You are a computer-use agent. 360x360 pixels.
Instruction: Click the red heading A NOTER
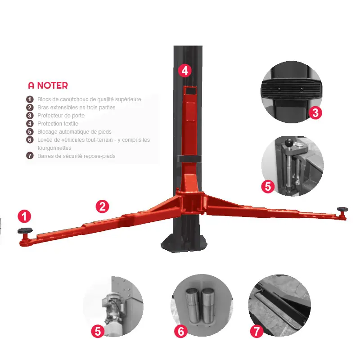click(x=48, y=85)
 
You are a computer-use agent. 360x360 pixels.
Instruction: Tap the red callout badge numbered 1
click(x=24, y=216)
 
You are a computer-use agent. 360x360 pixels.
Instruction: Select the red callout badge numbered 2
click(x=102, y=207)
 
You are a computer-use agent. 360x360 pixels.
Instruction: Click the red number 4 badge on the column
click(x=185, y=71)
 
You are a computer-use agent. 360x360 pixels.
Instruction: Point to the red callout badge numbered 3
click(x=315, y=113)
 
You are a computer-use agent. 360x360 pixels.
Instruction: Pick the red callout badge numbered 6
click(x=181, y=331)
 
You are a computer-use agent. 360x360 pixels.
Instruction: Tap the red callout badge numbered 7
click(x=256, y=331)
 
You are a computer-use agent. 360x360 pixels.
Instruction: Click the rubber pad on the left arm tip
click(x=25, y=230)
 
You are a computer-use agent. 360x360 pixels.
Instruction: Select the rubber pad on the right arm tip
click(x=342, y=209)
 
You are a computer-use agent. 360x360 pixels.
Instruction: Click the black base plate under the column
click(x=184, y=243)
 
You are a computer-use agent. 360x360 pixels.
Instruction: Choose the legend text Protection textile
click(x=58, y=123)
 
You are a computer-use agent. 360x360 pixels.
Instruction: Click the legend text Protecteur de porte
click(x=61, y=116)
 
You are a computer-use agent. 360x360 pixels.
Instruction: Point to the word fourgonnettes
click(x=54, y=148)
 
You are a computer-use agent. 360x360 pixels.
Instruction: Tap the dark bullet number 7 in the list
click(x=30, y=156)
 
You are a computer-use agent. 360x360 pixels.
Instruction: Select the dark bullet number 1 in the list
click(x=30, y=99)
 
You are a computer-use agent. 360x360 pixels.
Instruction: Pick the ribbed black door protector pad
click(x=291, y=90)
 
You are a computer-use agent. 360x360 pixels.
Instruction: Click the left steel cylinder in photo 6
click(x=193, y=305)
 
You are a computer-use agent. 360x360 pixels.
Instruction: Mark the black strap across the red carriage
click(x=189, y=158)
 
